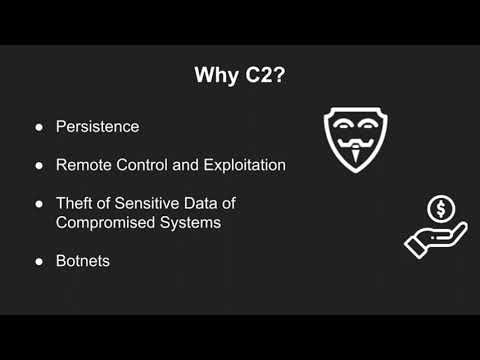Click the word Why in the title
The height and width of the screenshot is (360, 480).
click(x=214, y=77)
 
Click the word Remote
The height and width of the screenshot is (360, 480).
click(x=85, y=163)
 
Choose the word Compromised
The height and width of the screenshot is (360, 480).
click(x=104, y=222)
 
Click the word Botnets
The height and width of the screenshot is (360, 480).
click(x=84, y=260)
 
